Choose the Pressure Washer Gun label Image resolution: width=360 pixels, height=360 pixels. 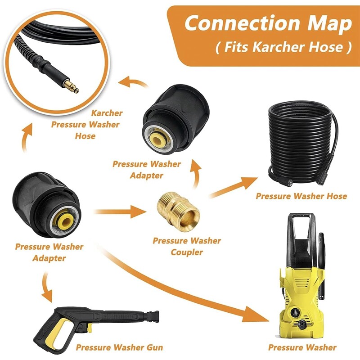click(119, 347)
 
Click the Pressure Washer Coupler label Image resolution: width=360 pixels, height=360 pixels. click(187, 246)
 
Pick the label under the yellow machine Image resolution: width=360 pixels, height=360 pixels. click(302, 347)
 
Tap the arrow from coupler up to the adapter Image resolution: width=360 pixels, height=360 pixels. click(194, 173)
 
